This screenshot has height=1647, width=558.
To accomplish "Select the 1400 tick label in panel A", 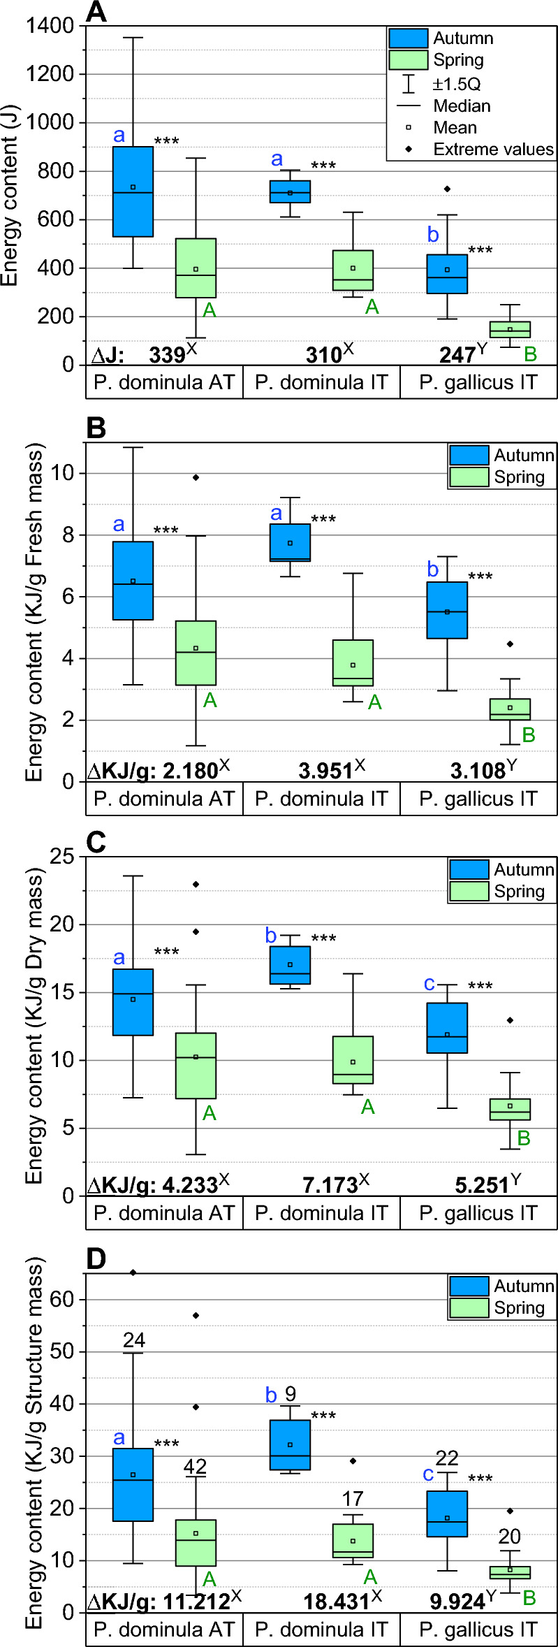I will tap(50, 26).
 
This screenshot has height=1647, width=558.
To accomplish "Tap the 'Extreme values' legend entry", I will tap(492, 150).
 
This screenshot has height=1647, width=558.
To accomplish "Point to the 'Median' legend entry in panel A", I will tap(462, 106).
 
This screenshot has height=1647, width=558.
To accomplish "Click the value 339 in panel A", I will tap(167, 355).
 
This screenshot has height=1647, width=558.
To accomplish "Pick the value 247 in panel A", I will tap(457, 355).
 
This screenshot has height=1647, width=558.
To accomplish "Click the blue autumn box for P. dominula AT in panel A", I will tap(133, 191).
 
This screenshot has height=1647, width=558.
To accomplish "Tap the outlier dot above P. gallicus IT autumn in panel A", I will tap(448, 189).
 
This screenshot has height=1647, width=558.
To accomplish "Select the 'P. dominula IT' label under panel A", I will tap(321, 382).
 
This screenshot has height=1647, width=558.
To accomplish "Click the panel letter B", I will tap(96, 428).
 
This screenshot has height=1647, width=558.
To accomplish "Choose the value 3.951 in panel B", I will tap(325, 771).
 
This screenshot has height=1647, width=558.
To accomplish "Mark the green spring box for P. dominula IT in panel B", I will tap(353, 663).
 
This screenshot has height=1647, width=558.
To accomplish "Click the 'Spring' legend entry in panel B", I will tap(519, 477).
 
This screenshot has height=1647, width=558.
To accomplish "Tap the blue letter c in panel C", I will tap(429, 984).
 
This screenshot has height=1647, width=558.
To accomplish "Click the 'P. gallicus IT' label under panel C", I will tap(478, 1213).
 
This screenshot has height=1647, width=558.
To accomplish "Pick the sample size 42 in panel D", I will tap(195, 1467).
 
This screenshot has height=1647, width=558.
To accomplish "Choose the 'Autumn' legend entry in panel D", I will tap(524, 1286).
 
